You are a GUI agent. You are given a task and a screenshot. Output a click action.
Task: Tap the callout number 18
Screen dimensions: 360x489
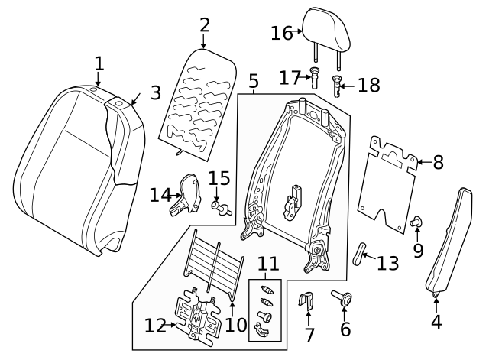(368, 85)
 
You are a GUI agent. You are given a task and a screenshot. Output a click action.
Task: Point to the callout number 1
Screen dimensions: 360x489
(99, 62)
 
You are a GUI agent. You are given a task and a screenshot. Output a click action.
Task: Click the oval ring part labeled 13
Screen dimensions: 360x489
(361, 253)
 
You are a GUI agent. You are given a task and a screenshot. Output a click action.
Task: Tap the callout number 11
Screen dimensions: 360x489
(267, 264)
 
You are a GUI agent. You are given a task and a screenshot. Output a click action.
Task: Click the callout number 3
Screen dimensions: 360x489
(155, 92)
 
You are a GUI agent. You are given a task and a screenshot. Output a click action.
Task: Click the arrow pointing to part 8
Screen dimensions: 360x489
(416, 161)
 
